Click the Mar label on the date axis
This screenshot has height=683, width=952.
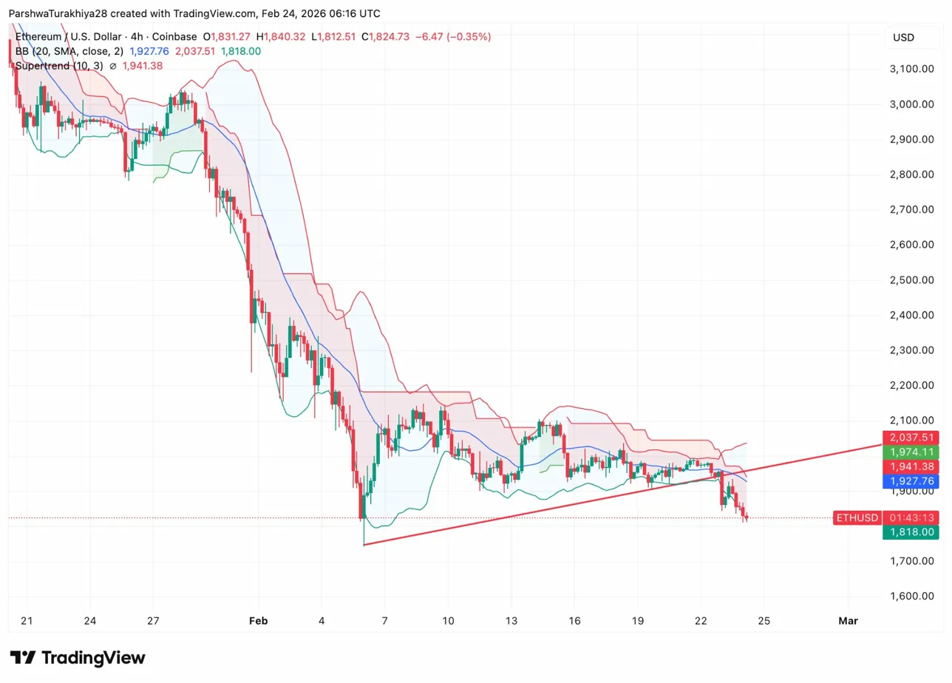[848, 621]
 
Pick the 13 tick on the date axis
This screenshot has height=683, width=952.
[511, 621]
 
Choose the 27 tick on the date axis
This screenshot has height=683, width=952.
[153, 621]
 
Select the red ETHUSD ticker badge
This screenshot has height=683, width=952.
[856, 517]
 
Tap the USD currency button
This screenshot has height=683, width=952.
[903, 38]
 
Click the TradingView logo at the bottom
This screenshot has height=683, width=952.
[78, 658]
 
